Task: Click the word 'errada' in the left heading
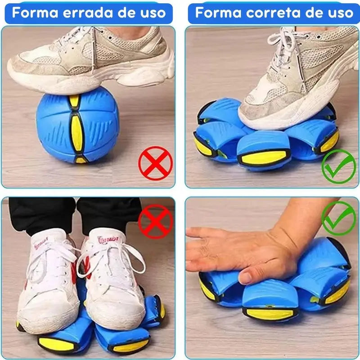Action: [88, 13]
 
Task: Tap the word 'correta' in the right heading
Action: [273, 13]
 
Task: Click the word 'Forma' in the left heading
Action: [35, 13]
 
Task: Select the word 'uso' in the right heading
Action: [341, 13]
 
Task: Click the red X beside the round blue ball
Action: [155, 163]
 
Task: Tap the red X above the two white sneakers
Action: [155, 221]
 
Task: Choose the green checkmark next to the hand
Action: [338, 218]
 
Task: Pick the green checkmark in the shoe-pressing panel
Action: [338, 166]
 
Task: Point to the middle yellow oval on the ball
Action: [77, 133]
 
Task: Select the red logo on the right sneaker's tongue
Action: [108, 240]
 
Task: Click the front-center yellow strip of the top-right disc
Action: [264, 157]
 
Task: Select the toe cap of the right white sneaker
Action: [117, 308]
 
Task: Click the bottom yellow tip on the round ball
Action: [81, 160]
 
